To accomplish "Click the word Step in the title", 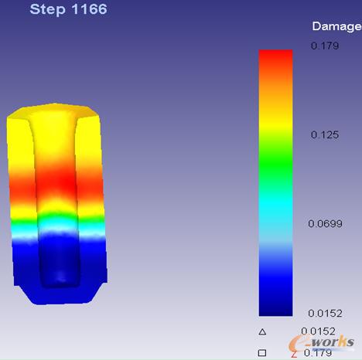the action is [47, 10].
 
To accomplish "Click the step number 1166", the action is [90, 9].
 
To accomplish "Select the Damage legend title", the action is [336, 27].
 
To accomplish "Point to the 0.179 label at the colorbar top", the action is [325, 46].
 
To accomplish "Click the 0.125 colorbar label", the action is [325, 134].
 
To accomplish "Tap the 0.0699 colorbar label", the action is [325, 223].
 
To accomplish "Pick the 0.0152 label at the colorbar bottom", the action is [325, 313].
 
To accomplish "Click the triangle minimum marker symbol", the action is [262, 331].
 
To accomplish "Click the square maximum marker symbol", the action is [262, 352].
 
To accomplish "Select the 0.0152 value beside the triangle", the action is [318, 331].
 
